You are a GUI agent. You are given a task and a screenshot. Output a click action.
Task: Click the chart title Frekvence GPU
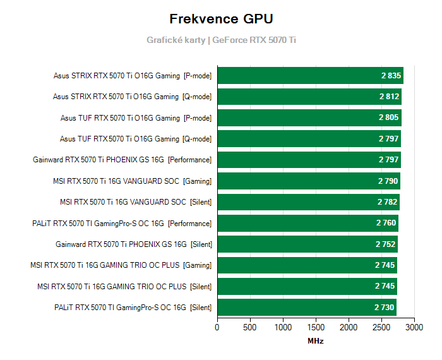[221, 19]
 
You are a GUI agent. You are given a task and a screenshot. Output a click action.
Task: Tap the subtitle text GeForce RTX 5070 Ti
[254, 40]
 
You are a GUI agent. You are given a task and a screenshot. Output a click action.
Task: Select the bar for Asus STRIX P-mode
[310, 76]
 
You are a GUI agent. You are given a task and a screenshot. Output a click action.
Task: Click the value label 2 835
[391, 76]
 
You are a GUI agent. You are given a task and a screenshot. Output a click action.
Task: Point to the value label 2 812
[390, 97]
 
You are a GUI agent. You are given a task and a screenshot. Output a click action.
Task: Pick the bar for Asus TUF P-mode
[309, 117]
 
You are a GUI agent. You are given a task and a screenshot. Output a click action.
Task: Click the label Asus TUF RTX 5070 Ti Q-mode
[136, 139]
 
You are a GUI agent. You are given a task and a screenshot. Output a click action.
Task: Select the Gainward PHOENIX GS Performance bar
[309, 160]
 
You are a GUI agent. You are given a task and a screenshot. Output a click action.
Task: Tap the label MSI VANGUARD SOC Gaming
[133, 181]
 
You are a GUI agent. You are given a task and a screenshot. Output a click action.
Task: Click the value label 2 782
[388, 202]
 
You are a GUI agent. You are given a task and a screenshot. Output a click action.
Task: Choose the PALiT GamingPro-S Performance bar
[308, 223]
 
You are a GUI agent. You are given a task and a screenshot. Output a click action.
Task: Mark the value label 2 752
[386, 244]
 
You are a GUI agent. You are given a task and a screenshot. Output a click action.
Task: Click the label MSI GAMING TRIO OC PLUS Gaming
[121, 265]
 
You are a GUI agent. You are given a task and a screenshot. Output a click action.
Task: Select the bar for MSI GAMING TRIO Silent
[307, 286]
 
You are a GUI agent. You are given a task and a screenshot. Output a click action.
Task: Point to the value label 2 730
[385, 308]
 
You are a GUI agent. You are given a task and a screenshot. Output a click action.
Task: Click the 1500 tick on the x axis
[316, 328]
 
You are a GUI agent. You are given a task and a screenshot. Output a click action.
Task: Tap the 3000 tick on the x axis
[414, 328]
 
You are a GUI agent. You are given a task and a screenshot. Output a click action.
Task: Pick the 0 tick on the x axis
[217, 328]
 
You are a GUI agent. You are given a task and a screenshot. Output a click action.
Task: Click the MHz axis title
[316, 341]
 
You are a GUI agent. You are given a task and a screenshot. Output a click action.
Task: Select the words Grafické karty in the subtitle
[176, 40]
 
